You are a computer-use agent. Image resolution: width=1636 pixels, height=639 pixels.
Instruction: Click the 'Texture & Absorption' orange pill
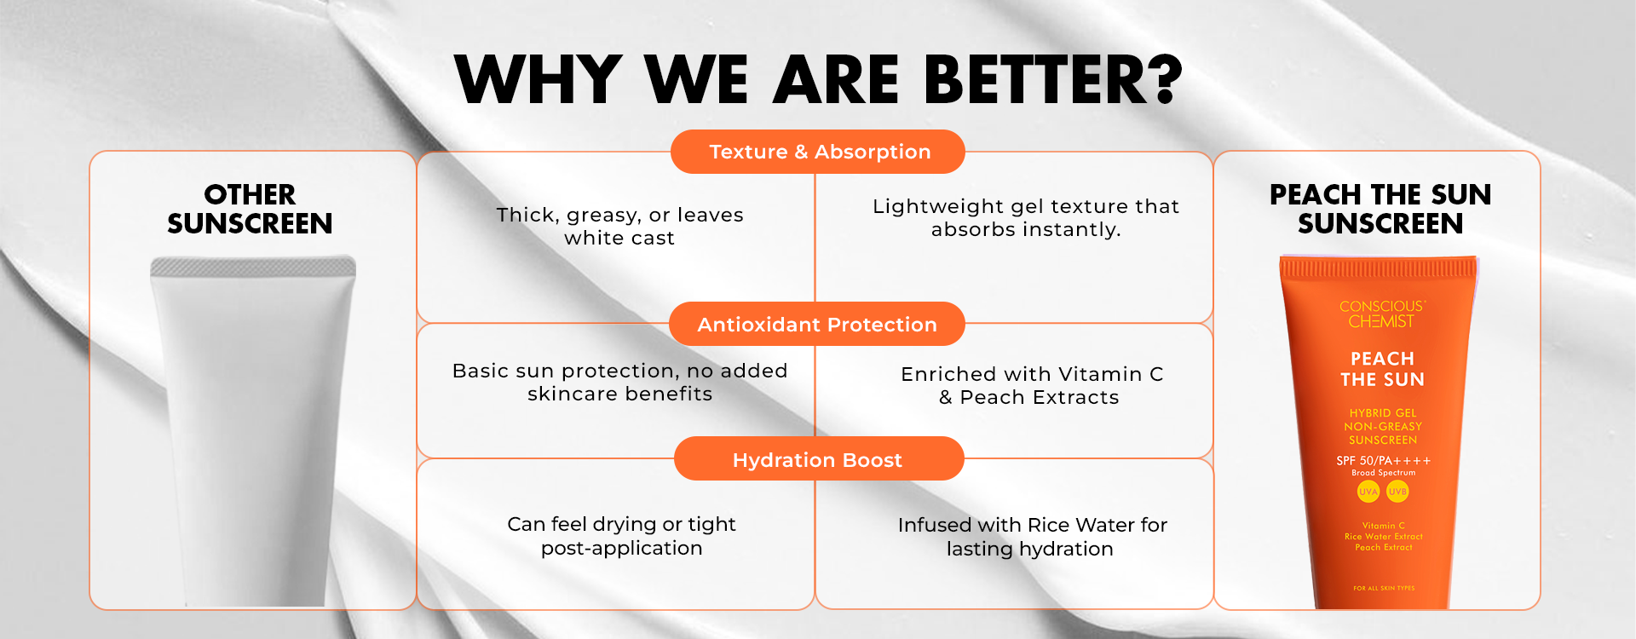818,152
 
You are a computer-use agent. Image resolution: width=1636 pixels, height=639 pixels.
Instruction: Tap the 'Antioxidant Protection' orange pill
817,325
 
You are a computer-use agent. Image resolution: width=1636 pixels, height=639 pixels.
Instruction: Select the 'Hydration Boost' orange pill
819,459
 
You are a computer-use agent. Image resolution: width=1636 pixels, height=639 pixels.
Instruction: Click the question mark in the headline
1160,79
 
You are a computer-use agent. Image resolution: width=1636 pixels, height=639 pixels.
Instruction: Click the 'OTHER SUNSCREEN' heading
250,209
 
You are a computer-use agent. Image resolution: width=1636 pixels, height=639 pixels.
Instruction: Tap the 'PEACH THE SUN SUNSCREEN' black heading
1380,209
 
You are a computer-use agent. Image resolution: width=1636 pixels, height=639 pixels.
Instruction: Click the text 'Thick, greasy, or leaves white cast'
620,226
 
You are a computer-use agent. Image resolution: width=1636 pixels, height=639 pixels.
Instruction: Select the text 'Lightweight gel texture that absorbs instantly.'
1026,217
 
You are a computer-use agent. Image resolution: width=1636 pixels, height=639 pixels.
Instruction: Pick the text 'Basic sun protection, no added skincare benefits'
620,382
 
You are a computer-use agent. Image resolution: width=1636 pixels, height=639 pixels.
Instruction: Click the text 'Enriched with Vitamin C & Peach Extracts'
1031,385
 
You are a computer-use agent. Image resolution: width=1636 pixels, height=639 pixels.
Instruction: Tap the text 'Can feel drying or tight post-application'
622,536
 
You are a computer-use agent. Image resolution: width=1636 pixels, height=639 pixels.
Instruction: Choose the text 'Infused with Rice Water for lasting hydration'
1032,537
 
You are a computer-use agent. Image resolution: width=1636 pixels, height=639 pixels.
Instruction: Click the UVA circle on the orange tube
1368,492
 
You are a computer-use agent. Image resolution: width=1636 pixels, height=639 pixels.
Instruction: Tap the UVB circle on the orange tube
1397,492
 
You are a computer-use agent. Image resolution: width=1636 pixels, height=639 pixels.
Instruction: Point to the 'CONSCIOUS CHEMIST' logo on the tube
1382,314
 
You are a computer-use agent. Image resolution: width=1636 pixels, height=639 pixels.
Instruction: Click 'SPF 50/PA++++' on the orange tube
1383,460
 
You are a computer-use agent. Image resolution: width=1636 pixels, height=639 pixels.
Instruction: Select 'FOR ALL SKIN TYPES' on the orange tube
1384,588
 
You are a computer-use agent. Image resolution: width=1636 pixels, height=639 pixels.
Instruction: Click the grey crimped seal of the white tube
253,267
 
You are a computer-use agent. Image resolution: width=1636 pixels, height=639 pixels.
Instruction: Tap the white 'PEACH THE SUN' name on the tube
1382,369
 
